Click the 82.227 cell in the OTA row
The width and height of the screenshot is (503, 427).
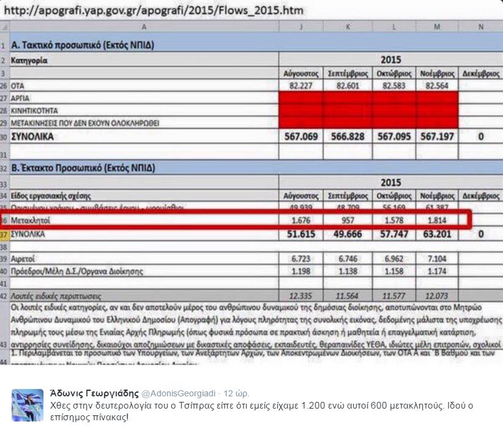tap(300, 86)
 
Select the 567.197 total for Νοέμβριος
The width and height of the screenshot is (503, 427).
tap(437, 137)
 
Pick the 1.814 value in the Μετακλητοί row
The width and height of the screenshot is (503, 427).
tap(436, 219)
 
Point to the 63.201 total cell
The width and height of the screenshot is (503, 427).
tap(437, 235)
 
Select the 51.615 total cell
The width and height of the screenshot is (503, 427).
tap(300, 235)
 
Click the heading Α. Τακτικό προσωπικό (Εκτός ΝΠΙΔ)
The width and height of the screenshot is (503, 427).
tap(82, 46)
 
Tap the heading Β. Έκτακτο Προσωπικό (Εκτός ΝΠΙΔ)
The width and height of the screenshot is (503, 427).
tap(83, 167)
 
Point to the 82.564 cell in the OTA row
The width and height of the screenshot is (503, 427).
tap(436, 86)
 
